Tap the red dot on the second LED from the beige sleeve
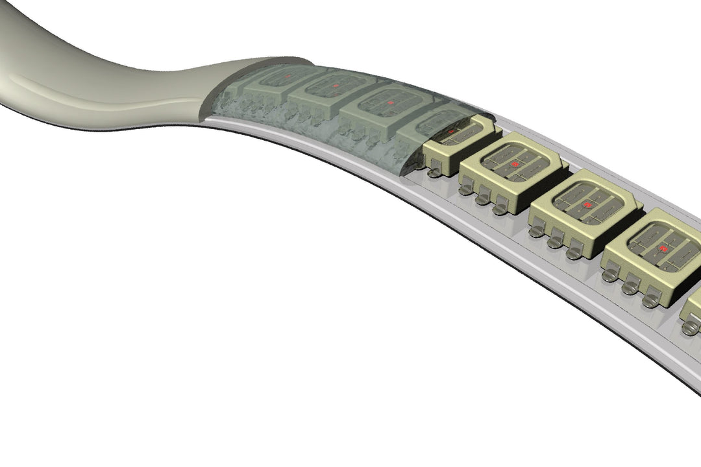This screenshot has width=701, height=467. [x=336, y=85]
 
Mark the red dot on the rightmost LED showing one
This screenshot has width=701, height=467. [x=663, y=248]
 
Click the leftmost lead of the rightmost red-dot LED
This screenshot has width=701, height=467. [x=609, y=274]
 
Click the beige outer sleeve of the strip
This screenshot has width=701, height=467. [x=97, y=91]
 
